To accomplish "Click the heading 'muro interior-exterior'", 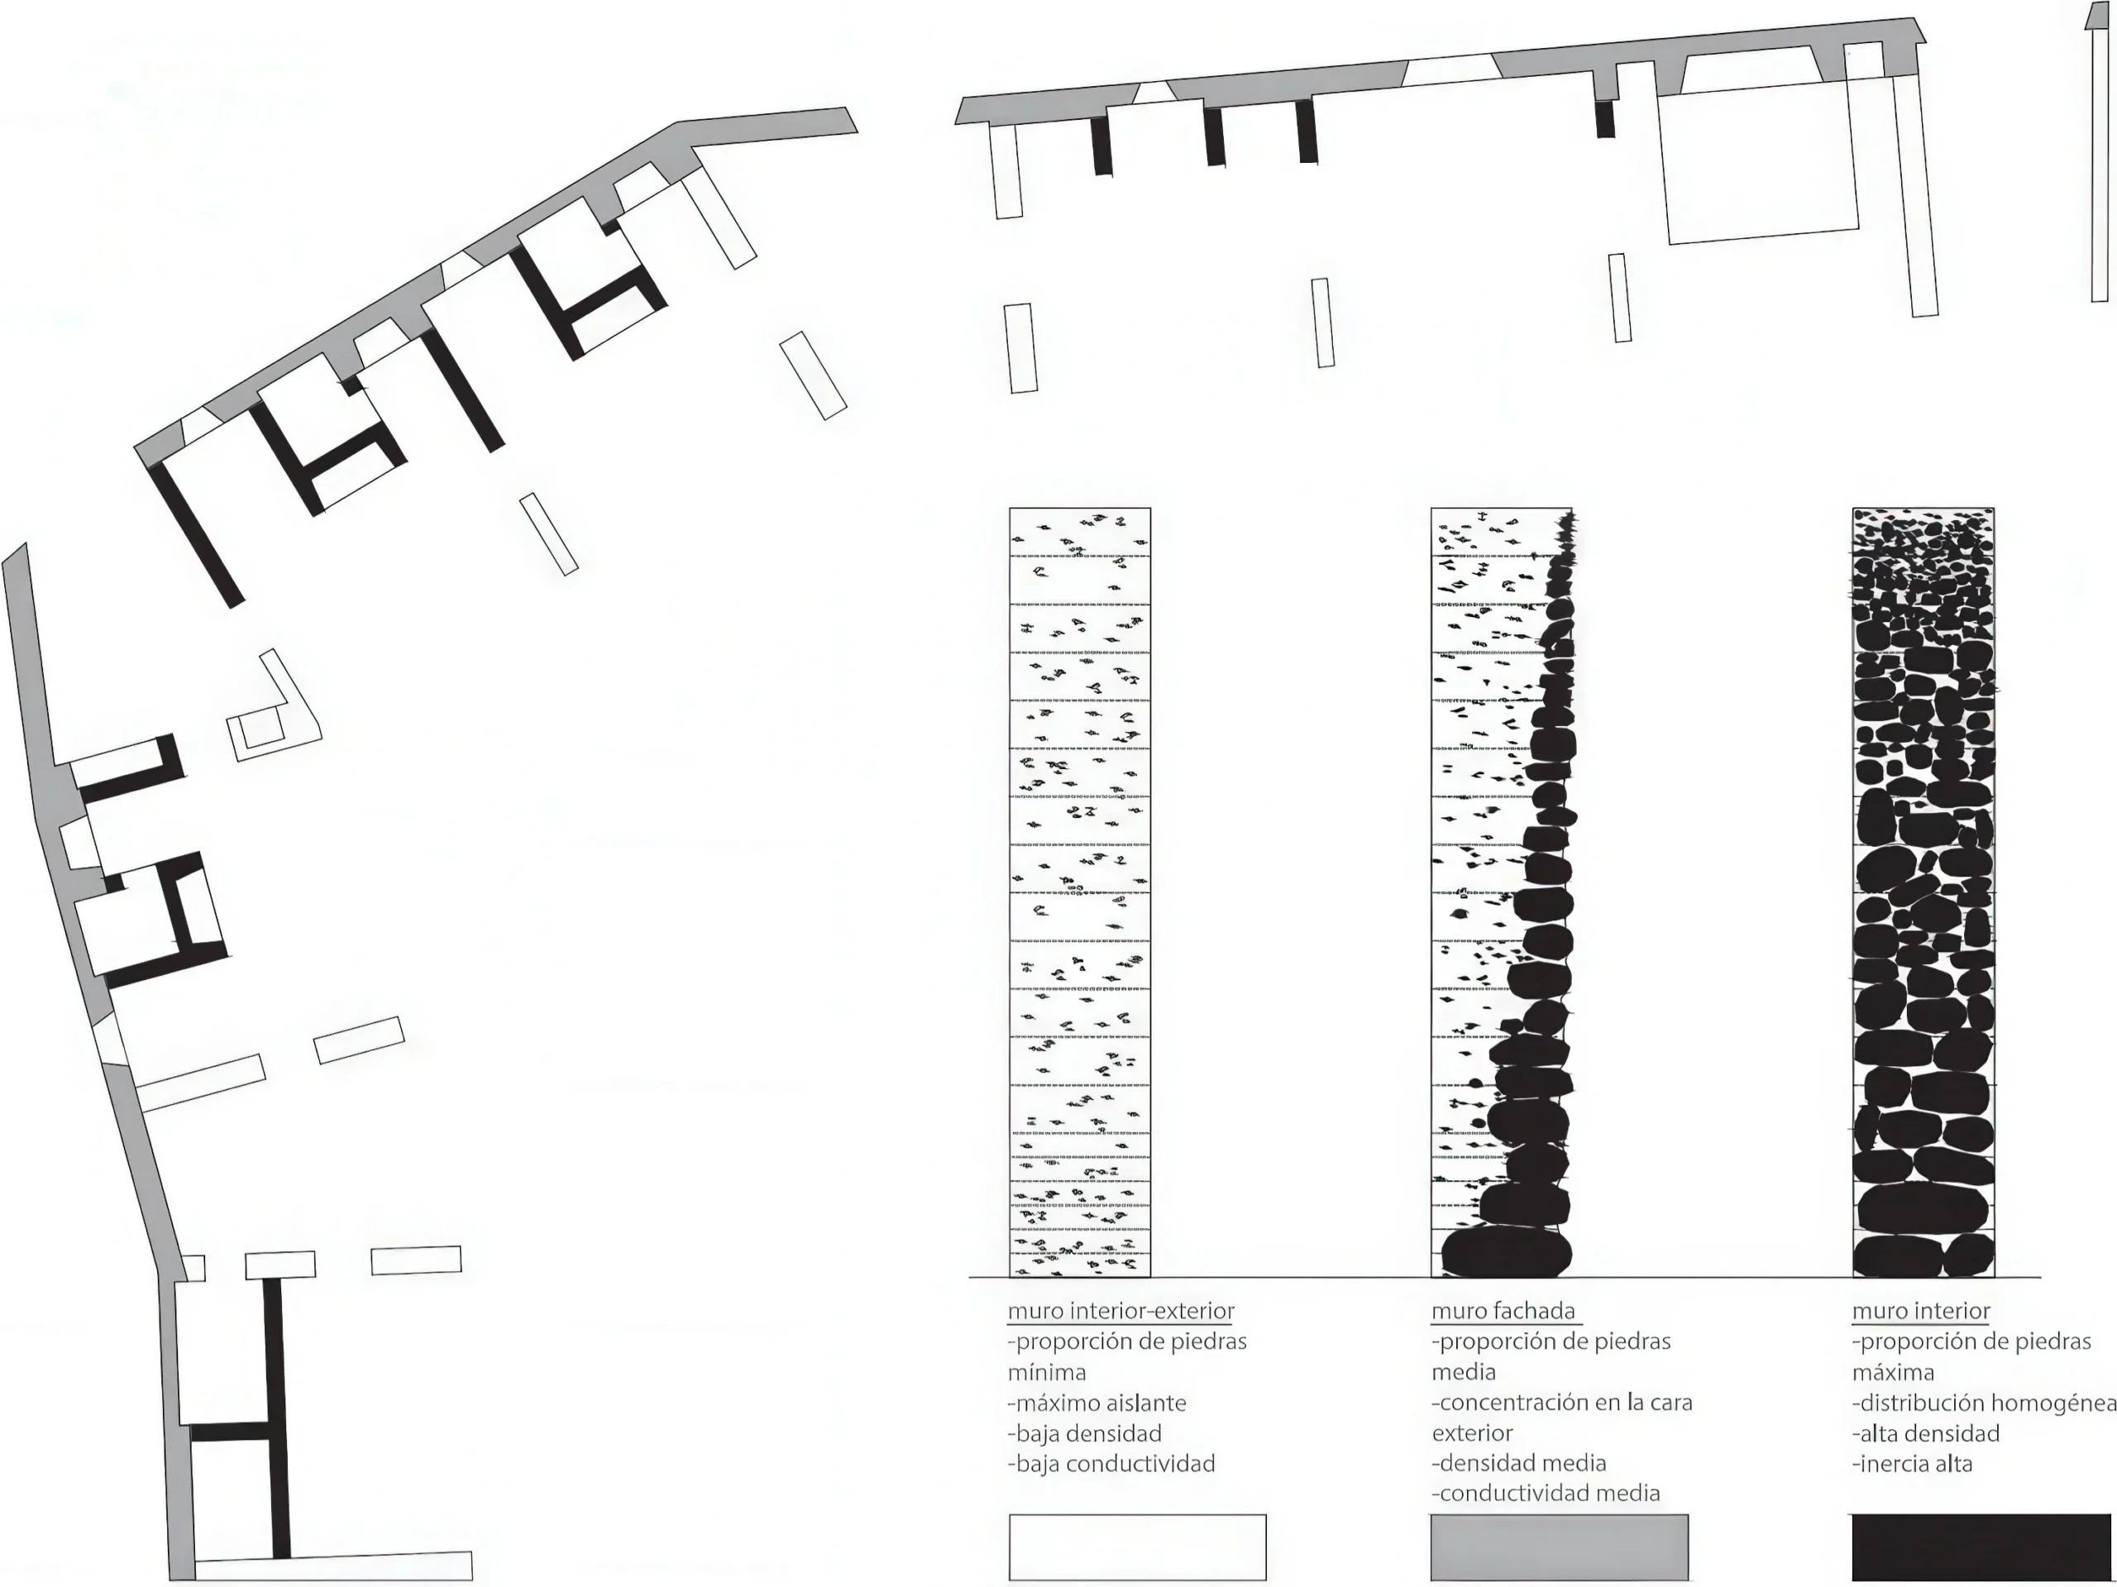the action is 1121,1312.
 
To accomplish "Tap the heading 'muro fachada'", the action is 1503,1312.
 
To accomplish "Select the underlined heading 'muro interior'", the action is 1921,1312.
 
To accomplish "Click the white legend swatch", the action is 1137,1546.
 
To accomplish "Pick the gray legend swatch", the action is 1559,1546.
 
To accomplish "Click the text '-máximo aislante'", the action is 1097,1403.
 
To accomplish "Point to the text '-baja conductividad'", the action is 1111,1464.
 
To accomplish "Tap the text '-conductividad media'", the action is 1546,1494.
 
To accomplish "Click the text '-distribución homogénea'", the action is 1984,1403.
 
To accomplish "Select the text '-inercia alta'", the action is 1912,1464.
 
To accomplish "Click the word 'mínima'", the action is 1047,1373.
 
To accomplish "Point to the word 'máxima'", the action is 1893,1373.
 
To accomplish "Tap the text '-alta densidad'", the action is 1926,1433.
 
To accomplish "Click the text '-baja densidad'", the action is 1084,1433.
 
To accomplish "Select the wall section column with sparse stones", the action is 1079,892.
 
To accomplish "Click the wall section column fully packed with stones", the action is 1923,892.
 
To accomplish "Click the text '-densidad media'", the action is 1519,1463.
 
